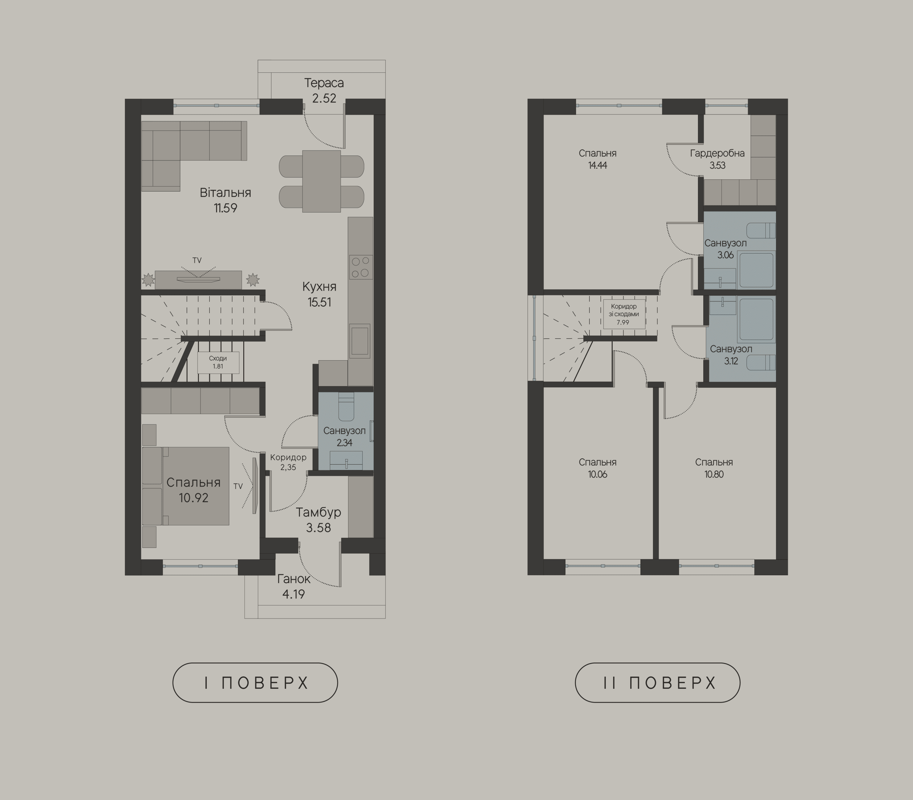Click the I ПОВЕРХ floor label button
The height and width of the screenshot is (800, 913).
point(255,683)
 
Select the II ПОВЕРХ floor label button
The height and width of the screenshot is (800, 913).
point(657,683)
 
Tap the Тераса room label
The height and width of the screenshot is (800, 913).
point(324,83)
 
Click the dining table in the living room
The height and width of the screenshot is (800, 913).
point(321,181)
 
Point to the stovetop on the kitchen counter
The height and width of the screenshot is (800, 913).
point(361,267)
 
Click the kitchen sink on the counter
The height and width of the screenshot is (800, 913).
point(359,341)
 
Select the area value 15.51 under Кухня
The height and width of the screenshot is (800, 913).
point(319,302)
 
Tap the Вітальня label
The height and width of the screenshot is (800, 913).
point(225,193)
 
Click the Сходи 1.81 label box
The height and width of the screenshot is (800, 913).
point(218,362)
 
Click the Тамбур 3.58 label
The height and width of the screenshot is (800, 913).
point(318,520)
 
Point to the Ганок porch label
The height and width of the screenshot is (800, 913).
point(294,579)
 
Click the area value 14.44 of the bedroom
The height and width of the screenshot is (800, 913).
point(597,165)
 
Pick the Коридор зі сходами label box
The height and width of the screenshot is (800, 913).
point(624,314)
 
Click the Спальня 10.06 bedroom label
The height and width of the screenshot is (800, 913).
point(597,468)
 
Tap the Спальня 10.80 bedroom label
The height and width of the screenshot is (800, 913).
point(714,468)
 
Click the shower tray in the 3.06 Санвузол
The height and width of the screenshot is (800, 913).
point(756,270)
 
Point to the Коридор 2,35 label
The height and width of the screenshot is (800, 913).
point(288,462)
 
